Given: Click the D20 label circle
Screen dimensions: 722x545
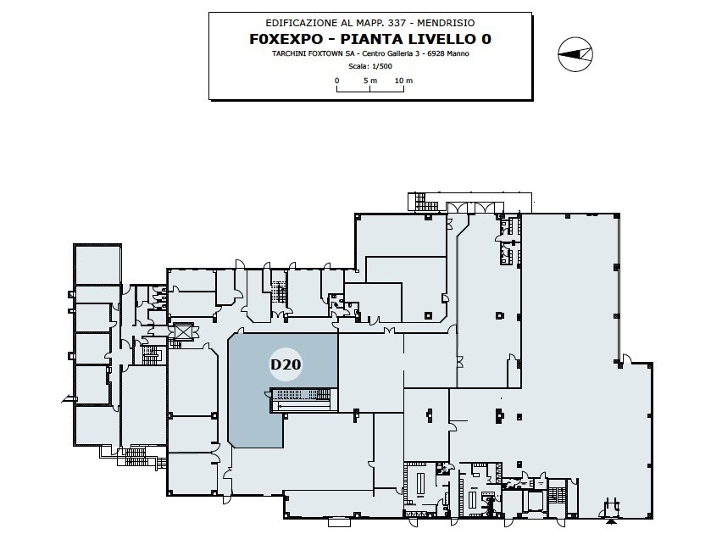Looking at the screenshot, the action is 286,364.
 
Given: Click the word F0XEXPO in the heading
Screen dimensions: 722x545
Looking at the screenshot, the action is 286,39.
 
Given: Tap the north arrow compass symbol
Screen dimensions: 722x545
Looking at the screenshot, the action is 575,54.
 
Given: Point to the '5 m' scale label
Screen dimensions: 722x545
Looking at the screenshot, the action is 370,81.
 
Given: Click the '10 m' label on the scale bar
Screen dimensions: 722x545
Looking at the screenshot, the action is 404,81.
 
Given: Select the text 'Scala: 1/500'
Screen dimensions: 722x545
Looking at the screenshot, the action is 370,66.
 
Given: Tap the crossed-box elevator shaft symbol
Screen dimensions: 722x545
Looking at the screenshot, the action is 183,331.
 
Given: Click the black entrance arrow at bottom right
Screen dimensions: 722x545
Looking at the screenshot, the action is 611,522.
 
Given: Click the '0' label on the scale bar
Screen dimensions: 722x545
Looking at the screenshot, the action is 337,81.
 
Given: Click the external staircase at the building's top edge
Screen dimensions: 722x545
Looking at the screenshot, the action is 419,203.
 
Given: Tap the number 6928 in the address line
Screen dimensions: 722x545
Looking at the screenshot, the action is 436,53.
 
